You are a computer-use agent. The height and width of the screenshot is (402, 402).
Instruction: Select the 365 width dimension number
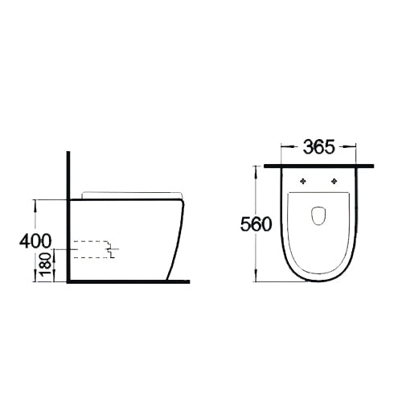[x=319, y=148]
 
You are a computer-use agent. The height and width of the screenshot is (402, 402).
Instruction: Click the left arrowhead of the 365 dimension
[x=282, y=148]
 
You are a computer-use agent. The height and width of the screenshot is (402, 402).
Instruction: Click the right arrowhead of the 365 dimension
[x=355, y=148]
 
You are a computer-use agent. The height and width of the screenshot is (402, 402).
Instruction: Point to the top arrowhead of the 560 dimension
[x=258, y=170]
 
